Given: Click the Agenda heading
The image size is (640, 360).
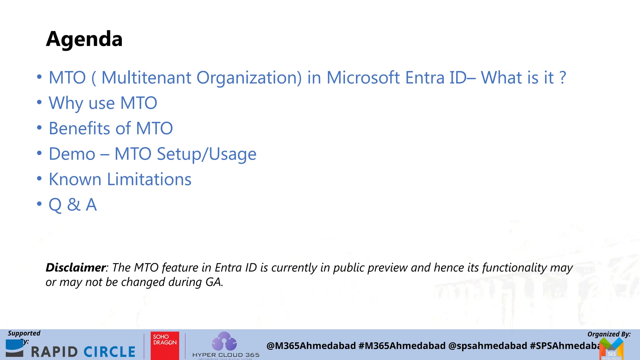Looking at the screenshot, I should point(84,39).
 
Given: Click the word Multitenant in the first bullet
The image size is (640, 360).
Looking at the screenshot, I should point(146,77).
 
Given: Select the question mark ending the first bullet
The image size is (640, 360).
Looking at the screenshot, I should point(562,77).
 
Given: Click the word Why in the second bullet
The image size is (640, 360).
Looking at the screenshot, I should point(66,103).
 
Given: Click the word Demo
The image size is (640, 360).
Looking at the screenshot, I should point(72,154).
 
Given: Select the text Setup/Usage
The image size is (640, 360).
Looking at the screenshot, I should point(207,154).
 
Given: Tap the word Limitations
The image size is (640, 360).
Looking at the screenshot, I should point(149,179).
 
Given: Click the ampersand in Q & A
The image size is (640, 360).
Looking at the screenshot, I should point(74,205).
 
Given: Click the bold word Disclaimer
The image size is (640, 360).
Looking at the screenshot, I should point(75,267).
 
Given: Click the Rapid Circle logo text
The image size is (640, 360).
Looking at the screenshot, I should point(83,352).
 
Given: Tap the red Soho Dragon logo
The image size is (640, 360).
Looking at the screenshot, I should point(165,346).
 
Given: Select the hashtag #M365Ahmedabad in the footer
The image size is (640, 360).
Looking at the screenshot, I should point(402,346).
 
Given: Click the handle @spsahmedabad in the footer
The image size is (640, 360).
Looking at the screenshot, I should point(487,346).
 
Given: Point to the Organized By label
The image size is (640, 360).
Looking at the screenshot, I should point(609,334).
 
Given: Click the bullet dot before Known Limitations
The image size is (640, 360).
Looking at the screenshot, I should point(39,179).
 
